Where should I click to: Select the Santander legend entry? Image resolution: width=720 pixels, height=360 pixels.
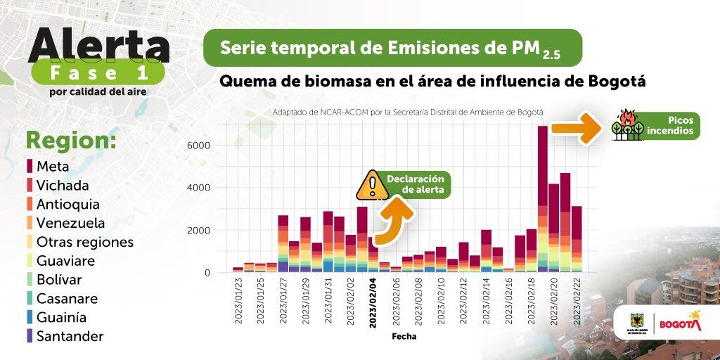tap(70, 336)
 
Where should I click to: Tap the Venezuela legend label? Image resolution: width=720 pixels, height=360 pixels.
tap(70, 223)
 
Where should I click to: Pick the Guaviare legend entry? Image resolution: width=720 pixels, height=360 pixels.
tap(65, 261)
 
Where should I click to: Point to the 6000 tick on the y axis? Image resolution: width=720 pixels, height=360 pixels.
tap(199, 146)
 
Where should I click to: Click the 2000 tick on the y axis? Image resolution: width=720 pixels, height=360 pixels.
tap(199, 231)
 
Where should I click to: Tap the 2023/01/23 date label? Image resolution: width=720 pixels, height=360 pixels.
tap(238, 301)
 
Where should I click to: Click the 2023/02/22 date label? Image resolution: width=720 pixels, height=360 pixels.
tap(577, 301)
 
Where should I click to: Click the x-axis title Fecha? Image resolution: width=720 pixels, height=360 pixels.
tap(404, 336)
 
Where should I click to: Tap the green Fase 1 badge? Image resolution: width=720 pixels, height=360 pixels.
tap(98, 73)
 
